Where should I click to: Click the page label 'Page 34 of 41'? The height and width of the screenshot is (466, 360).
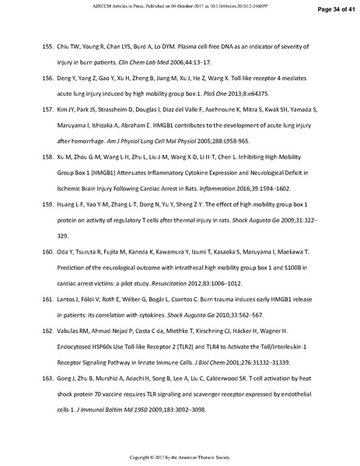(330, 9)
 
